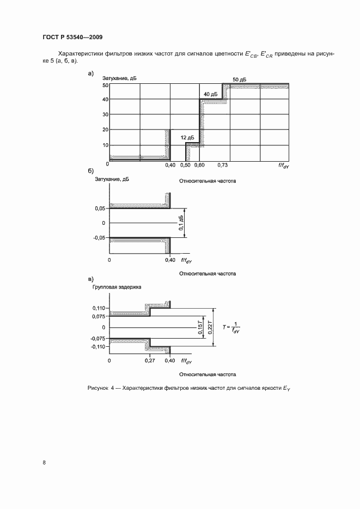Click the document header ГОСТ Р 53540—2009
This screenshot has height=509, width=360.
(x=72, y=38)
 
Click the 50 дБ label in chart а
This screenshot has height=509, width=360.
(x=240, y=79)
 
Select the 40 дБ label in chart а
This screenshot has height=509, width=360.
(x=211, y=94)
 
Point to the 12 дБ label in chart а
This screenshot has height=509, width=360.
(x=187, y=138)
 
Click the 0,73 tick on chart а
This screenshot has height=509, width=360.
(x=223, y=164)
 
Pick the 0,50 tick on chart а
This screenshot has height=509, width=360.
(x=186, y=164)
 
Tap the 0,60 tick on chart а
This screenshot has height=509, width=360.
(x=200, y=164)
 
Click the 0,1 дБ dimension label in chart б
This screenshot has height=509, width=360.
(x=181, y=223)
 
